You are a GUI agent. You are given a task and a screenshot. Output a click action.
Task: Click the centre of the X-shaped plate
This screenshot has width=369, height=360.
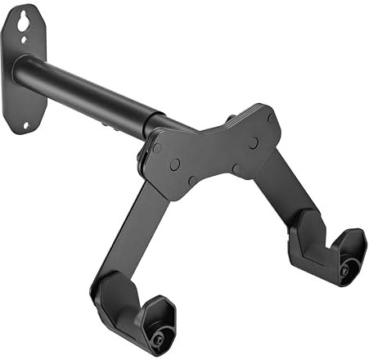215,151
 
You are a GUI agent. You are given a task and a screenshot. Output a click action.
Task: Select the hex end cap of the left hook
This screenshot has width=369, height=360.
155,331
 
